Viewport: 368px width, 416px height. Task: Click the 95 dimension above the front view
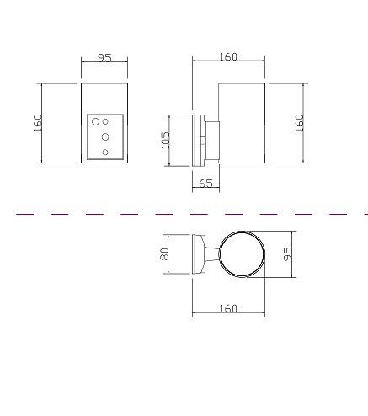(104, 58)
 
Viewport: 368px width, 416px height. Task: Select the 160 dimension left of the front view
(38, 123)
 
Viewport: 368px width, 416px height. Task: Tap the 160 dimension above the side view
(228, 57)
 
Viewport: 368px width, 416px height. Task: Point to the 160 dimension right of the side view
(300, 123)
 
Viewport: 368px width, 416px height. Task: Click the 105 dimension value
(165, 140)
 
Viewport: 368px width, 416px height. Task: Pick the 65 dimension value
(205, 184)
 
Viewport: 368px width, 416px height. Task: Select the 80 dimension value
(164, 254)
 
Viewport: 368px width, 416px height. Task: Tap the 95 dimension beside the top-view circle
(288, 254)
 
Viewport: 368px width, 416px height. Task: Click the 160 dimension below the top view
(228, 308)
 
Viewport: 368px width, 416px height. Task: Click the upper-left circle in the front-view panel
(96, 122)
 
